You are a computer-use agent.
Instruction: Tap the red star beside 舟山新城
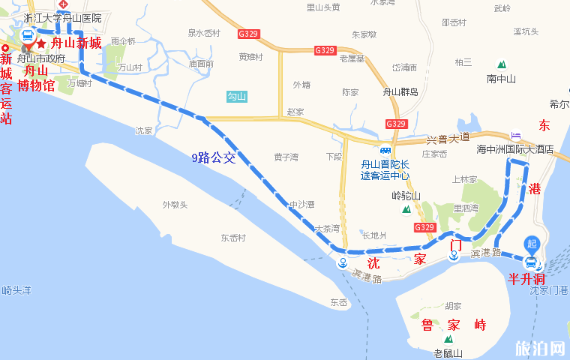(x=41, y=44)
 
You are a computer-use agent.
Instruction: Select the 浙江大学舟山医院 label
(x=62, y=17)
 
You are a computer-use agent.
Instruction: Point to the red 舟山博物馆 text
(x=37, y=79)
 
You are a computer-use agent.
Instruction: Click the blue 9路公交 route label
(x=214, y=157)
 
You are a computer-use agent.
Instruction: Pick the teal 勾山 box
(x=237, y=96)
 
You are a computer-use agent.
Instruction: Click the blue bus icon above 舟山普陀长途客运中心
(x=385, y=148)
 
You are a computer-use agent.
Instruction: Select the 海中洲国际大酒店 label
(x=515, y=149)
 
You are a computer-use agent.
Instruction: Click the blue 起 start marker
(x=532, y=244)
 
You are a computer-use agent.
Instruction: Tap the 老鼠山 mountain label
(x=448, y=353)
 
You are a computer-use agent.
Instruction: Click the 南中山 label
(x=501, y=79)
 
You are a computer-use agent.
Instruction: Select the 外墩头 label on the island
(x=175, y=205)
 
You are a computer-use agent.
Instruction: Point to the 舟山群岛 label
(x=400, y=92)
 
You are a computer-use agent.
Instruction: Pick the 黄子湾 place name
(x=286, y=157)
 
